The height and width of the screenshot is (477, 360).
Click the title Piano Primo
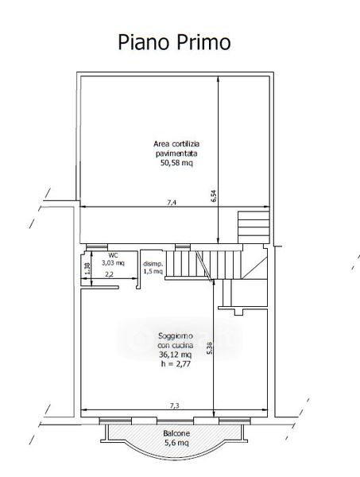pyautogui.click(x=174, y=43)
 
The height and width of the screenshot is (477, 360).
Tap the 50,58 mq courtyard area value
pyautogui.click(x=176, y=163)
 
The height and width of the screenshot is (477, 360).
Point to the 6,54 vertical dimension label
pyautogui.click(x=214, y=196)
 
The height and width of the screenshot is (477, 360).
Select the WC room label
pyautogui.click(x=113, y=255)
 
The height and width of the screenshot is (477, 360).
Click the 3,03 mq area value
pyautogui.click(x=113, y=263)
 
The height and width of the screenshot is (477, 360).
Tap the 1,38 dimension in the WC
pyautogui.click(x=87, y=269)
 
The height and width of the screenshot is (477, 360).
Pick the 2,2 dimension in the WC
pyautogui.click(x=109, y=274)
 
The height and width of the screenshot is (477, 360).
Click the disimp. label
pyautogui.click(x=153, y=264)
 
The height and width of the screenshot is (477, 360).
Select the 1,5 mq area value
pyautogui.click(x=153, y=271)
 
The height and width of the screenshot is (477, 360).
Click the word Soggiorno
pyautogui.click(x=176, y=336)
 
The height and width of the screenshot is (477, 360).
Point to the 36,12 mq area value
pyautogui.click(x=175, y=355)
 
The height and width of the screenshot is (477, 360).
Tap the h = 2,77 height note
pyautogui.click(x=176, y=363)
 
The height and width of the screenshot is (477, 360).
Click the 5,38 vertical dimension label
pyautogui.click(x=210, y=347)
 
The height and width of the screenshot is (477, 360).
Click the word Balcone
pyautogui.click(x=176, y=433)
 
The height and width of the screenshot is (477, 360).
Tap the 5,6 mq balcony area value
pyautogui.click(x=176, y=443)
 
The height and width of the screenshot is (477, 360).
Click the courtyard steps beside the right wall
pyautogui.click(x=254, y=227)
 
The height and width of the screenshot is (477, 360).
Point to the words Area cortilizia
pyautogui.click(x=176, y=144)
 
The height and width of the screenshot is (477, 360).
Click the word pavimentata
pyautogui.click(x=176, y=153)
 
